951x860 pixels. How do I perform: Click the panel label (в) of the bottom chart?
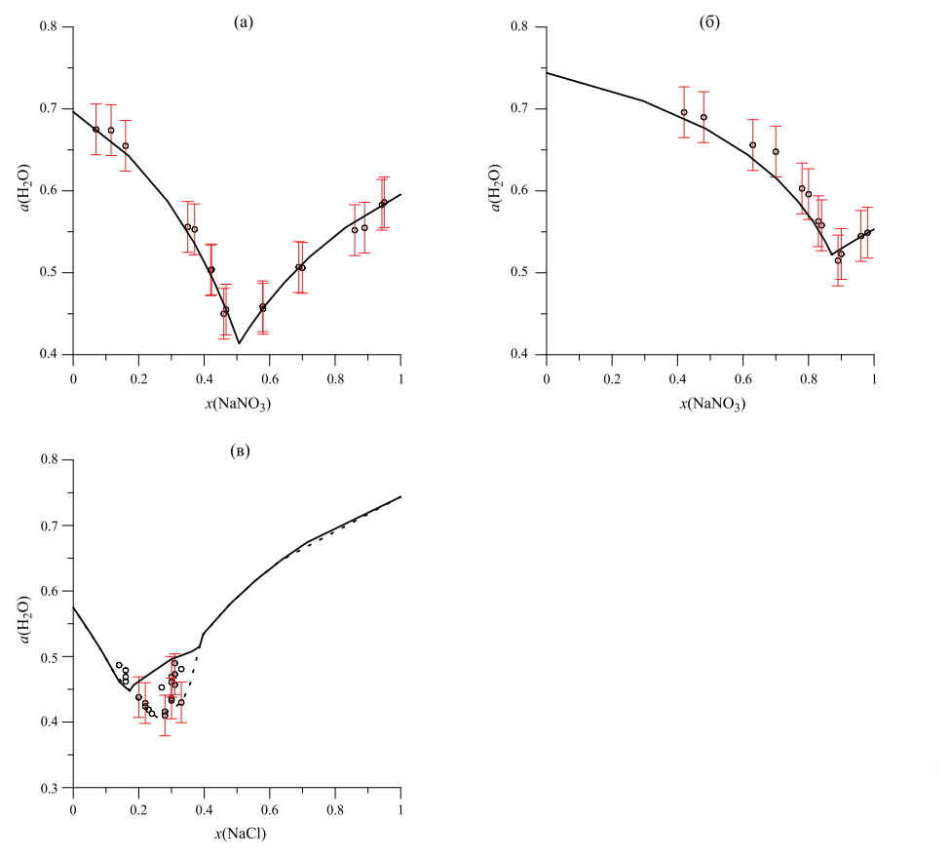pos(238,450)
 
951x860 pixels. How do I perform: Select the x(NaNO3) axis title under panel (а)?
pos(237,405)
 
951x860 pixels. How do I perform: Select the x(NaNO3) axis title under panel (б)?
pos(709,405)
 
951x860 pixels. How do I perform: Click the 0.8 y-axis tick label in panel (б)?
pos(527,27)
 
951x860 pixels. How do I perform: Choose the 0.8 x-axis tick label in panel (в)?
pos(335,809)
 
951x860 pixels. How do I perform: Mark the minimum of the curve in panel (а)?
pos(239,343)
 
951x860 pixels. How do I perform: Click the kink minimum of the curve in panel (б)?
pos(832,254)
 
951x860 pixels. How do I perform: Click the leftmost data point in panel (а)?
pos(95,130)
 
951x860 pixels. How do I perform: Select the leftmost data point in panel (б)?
pos(684,112)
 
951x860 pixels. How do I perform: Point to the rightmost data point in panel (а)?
pos(384,203)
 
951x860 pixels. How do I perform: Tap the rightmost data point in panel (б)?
pos(867,232)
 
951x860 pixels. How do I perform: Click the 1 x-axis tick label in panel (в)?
pos(400,809)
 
